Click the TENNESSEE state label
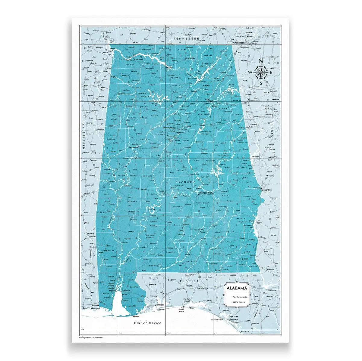pos(186,39)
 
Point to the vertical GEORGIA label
pos(272,127)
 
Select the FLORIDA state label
pos(189,281)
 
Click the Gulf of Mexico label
pos(148,323)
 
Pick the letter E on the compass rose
pos(271,73)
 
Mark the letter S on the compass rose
pos(261,83)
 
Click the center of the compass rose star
pos(261,72)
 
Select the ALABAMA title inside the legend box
pos(237,288)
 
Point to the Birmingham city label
pos(169,128)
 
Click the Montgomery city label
pos(206,193)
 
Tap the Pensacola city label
pos(160,305)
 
